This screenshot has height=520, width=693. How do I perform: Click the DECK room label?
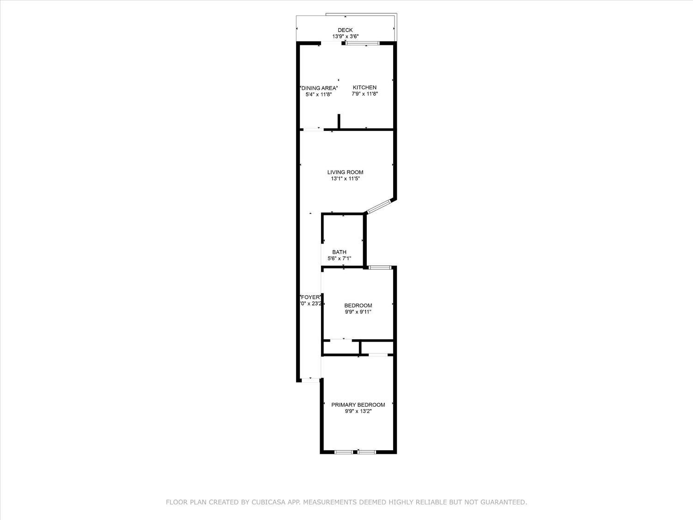click(345, 30)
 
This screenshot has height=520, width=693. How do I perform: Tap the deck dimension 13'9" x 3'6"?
click(345, 37)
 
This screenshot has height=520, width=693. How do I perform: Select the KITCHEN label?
click(365, 87)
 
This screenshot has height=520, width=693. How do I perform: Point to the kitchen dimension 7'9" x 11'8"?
click(365, 94)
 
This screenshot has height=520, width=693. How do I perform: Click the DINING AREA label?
click(319, 88)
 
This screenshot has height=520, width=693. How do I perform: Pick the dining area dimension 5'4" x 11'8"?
click(319, 94)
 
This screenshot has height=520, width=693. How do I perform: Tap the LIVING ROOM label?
click(345, 172)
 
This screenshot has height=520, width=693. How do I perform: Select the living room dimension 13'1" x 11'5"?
click(345, 178)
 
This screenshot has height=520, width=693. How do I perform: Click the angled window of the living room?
click(379, 206)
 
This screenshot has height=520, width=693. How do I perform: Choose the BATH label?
click(339, 252)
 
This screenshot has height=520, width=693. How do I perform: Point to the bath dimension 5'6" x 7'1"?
click(339, 259)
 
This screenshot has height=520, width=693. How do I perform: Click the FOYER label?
click(310, 297)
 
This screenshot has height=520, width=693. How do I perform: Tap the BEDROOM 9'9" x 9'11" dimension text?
click(358, 312)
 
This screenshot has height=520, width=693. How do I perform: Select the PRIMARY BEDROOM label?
click(358, 405)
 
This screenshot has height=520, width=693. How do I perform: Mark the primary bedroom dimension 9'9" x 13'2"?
click(358, 411)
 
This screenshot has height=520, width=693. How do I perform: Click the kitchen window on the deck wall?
click(363, 43)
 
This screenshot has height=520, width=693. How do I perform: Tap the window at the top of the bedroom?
click(381, 267)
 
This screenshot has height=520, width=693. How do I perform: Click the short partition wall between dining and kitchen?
click(339, 121)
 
